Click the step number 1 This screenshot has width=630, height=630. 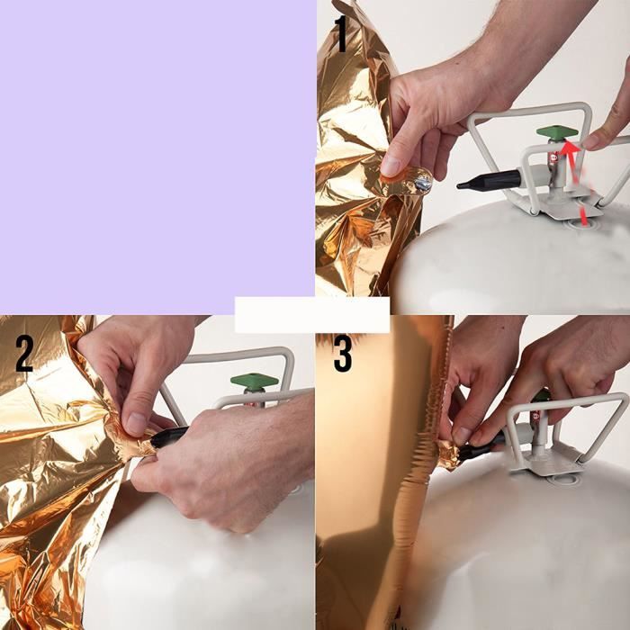(341, 34)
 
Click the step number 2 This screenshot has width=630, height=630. (24, 354)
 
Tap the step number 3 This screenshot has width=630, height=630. (343, 354)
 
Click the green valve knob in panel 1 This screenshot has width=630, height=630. (557, 132)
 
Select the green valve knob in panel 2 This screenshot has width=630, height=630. (255, 380)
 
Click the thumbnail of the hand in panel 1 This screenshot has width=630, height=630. (390, 166)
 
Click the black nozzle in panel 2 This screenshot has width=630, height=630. (169, 436)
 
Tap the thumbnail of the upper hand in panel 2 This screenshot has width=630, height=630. (136, 424)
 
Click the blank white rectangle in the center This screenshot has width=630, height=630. (312, 315)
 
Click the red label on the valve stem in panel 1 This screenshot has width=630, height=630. (553, 157)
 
